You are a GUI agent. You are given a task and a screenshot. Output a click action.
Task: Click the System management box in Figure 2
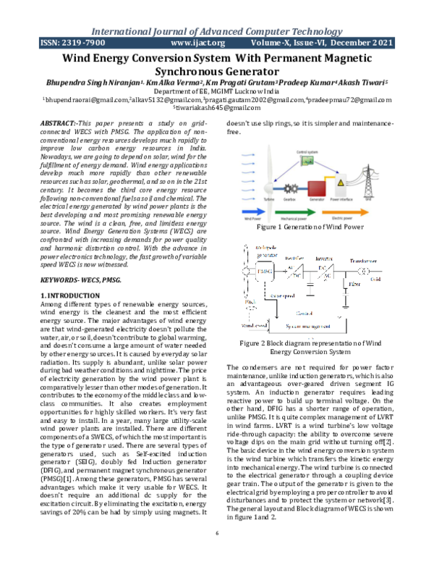click(x=311, y=327)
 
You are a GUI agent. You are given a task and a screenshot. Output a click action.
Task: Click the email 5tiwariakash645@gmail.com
click(x=217, y=107)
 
